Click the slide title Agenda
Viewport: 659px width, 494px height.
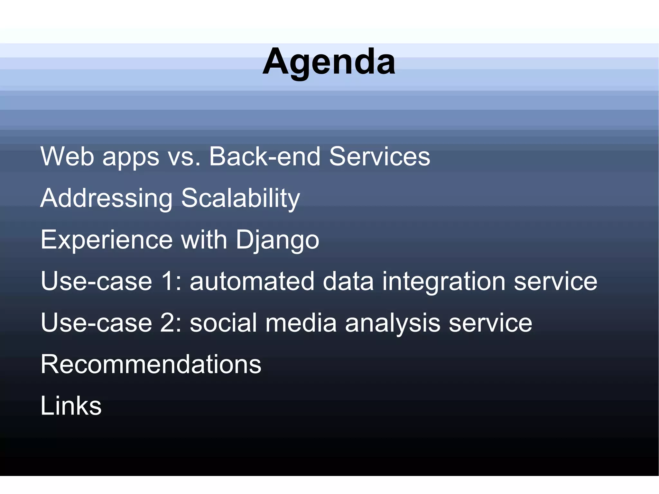pos(329,62)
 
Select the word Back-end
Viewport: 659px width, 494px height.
pos(265,157)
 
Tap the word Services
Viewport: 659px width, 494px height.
pos(379,157)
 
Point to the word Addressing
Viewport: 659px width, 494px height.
pos(107,199)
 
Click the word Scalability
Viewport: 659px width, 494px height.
pos(240,199)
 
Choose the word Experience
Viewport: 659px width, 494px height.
pos(107,240)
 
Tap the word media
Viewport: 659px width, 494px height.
pos(301,323)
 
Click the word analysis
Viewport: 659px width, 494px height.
pos(392,323)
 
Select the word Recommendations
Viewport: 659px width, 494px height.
pos(151,364)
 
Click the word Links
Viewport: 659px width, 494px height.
pos(71,406)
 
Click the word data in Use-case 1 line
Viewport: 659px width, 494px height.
pos(348,281)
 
